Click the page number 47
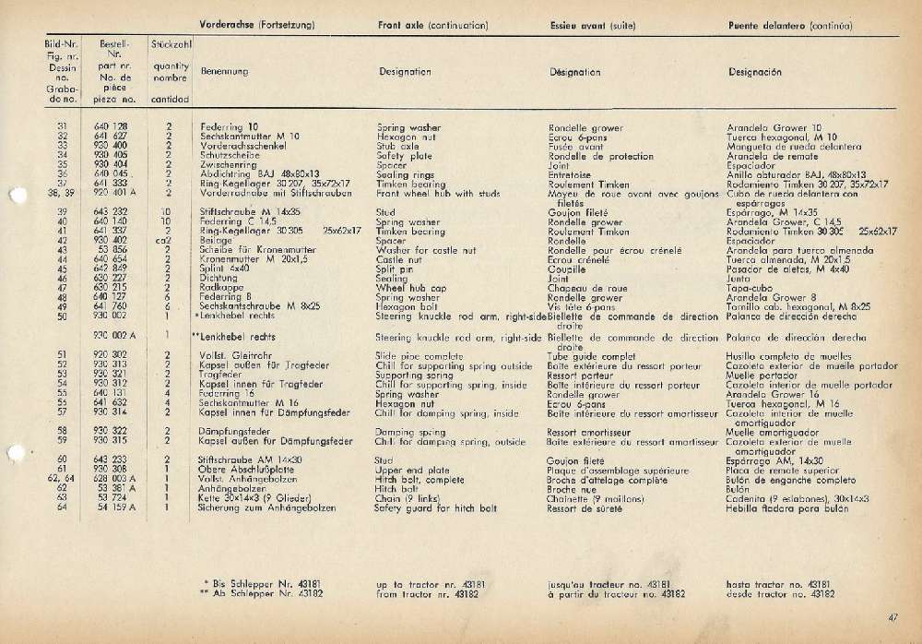coord(892,618)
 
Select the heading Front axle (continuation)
coord(432,25)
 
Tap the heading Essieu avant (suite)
coord(592,25)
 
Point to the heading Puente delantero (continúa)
coord(789,25)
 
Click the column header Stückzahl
coord(171,43)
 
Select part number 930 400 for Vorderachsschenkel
coord(112,146)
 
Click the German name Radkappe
coord(219,287)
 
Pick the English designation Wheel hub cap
coord(411,287)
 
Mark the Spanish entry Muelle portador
coord(762,376)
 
